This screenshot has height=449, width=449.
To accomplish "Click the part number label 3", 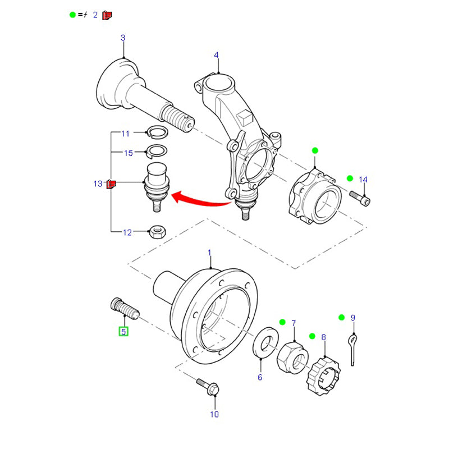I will tap(123, 38).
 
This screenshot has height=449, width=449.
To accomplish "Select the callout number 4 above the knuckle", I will tap(216, 54).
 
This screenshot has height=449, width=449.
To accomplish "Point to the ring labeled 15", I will tap(155, 151).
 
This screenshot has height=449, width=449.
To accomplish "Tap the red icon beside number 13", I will tap(111, 184).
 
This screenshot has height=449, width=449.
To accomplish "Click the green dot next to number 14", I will tap(350, 178).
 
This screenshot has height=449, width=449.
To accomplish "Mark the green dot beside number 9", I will tap(341, 318).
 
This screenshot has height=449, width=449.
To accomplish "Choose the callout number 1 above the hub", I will tap(210, 254).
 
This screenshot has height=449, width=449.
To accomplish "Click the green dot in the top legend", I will tap(72, 15).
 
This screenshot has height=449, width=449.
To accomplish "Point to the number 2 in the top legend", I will tap(95, 15).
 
